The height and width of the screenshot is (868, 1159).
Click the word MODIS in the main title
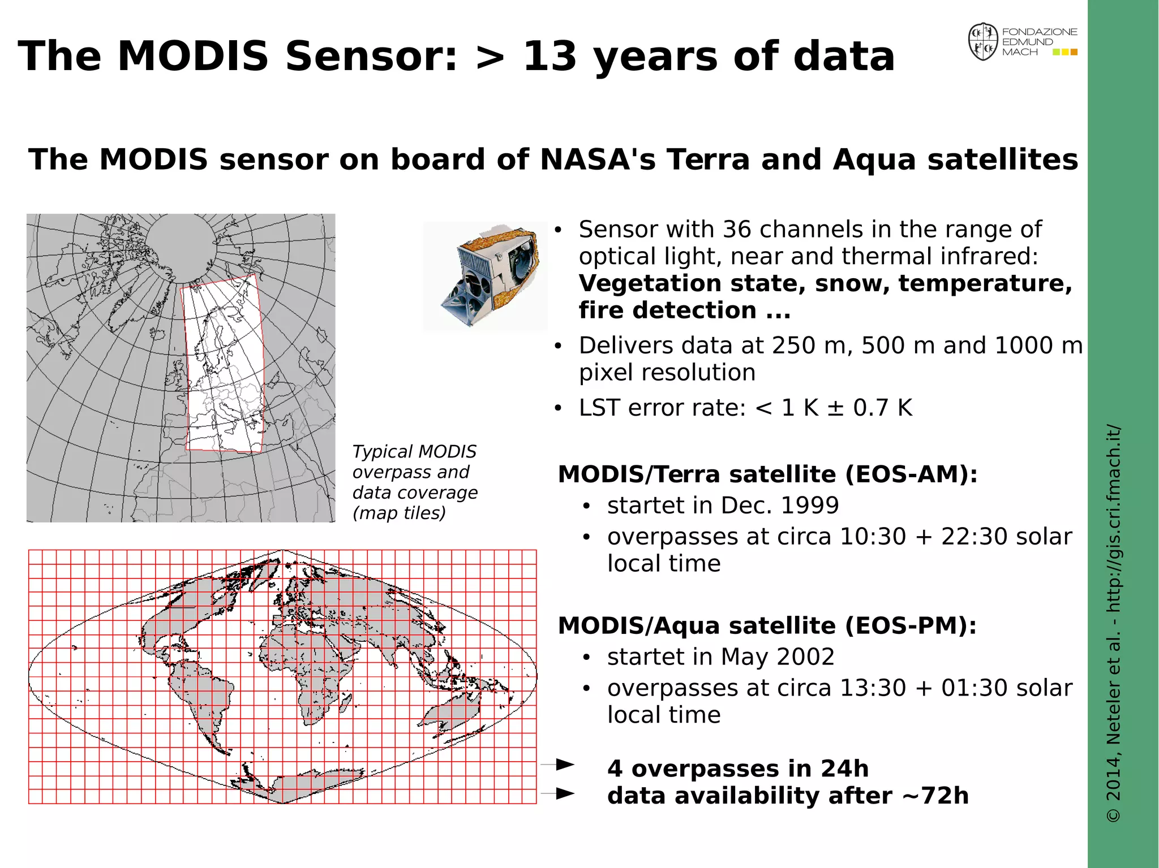point(192,57)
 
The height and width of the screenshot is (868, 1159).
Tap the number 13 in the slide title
point(549,57)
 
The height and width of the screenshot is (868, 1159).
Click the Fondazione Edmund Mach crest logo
point(983,42)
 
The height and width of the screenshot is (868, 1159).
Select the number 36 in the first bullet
point(737,230)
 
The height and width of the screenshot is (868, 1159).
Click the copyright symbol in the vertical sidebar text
point(1113,815)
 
